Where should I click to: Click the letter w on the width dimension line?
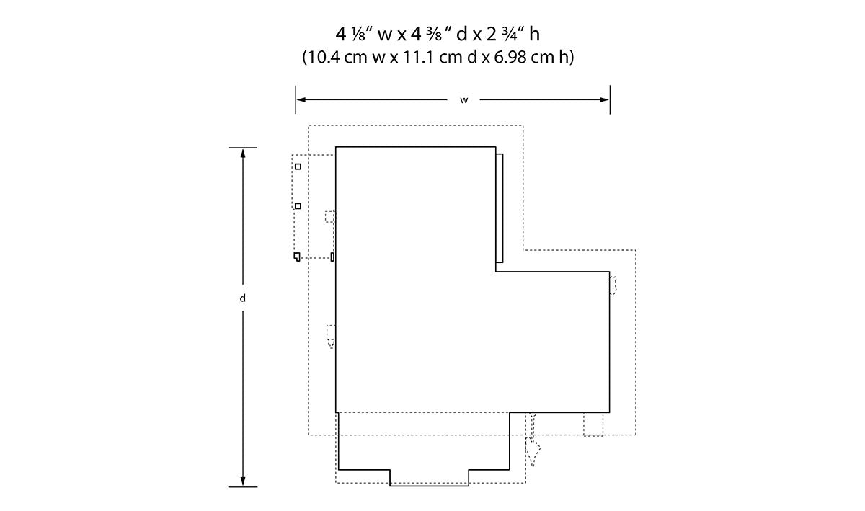[x=463, y=100]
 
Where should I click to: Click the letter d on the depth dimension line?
[x=242, y=298]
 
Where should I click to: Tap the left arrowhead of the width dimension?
[x=301, y=99]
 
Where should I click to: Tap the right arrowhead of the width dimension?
[x=604, y=99]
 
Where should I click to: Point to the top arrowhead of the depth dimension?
[x=243, y=154]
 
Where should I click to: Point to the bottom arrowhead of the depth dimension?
[x=243, y=481]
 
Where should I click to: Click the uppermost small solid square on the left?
[x=298, y=166]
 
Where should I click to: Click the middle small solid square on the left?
[x=298, y=206]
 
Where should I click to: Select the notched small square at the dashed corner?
[x=296, y=257]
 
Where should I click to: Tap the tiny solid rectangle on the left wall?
[x=332, y=257]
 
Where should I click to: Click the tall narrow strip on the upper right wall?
[x=500, y=208]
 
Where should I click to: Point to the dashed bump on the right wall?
[x=613, y=285]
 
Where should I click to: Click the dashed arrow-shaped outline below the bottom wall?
[x=533, y=440]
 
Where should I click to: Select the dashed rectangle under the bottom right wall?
[x=593, y=425]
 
